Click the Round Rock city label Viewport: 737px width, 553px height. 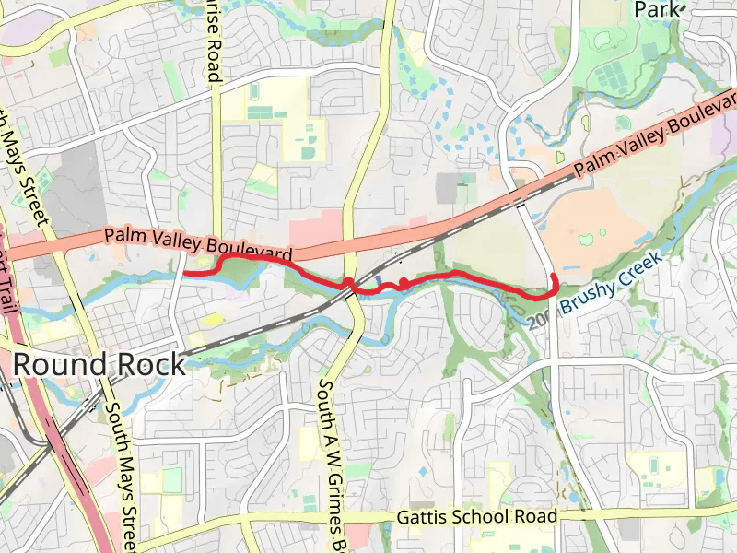pyautogui.click(x=99, y=365)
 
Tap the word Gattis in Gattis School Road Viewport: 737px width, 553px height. pyautogui.click(x=424, y=517)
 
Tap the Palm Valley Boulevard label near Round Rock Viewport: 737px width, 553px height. pyautogui.click(x=198, y=243)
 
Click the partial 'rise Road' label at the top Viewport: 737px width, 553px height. pyautogui.click(x=214, y=41)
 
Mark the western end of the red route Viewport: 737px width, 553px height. pyautogui.click(x=185, y=274)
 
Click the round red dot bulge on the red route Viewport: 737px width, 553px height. pyautogui.click(x=404, y=282)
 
